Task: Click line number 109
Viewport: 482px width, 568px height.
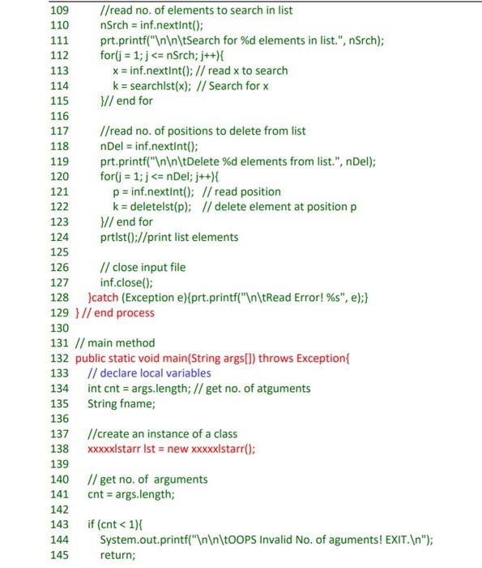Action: pos(61,11)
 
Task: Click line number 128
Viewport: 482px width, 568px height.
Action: pos(61,298)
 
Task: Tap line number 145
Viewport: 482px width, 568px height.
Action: pos(61,554)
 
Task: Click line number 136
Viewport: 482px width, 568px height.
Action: pos(61,419)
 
